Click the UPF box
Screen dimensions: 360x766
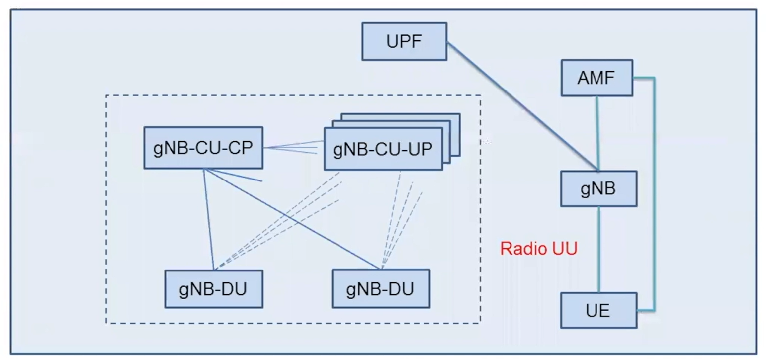pyautogui.click(x=404, y=42)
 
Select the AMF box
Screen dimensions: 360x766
pyautogui.click(x=596, y=78)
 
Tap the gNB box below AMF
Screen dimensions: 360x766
pyautogui.click(x=598, y=188)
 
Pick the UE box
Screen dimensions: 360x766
pyautogui.click(x=598, y=310)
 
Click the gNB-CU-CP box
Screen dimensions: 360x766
pyautogui.click(x=203, y=148)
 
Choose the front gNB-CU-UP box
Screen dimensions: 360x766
pyautogui.click(x=383, y=149)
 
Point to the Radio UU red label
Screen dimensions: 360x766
pyautogui.click(x=538, y=248)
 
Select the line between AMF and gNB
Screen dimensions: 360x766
pyautogui.click(x=599, y=133)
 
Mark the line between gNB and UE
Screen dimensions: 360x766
pyautogui.click(x=599, y=249)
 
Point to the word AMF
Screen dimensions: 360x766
pyautogui.click(x=596, y=78)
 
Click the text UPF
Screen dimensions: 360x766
pyautogui.click(x=404, y=42)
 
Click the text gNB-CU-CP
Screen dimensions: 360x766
pyautogui.click(x=203, y=148)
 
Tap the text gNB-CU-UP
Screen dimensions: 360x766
pyautogui.click(x=383, y=149)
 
